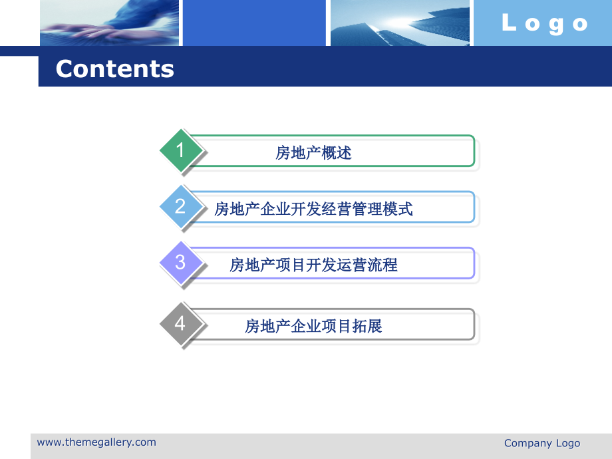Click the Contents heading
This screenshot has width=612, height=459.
pyautogui.click(x=114, y=69)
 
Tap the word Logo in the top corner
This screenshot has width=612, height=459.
pyautogui.click(x=544, y=23)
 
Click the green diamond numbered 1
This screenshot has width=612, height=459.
pyautogui.click(x=180, y=150)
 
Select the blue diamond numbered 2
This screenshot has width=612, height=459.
pyautogui.click(x=180, y=206)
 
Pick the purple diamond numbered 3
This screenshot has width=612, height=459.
pyautogui.click(x=180, y=262)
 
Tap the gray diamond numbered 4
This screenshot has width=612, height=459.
pyautogui.click(x=180, y=324)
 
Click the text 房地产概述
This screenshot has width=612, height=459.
pyautogui.click(x=313, y=153)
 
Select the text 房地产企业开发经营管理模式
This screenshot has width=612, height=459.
pyautogui.click(x=313, y=209)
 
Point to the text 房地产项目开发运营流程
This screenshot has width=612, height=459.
pyautogui.click(x=313, y=265)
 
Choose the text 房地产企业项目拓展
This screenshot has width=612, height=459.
pyautogui.click(x=313, y=326)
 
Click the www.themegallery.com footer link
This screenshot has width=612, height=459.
pyautogui.click(x=96, y=442)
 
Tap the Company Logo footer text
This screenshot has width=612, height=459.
pyautogui.click(x=541, y=443)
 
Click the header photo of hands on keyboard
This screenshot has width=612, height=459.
pyautogui.click(x=109, y=23)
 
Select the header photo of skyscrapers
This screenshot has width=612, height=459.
pyautogui.click(x=399, y=23)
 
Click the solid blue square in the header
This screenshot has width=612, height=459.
pyautogui.click(x=253, y=23)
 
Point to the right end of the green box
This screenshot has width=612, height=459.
pyautogui.click(x=472, y=151)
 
